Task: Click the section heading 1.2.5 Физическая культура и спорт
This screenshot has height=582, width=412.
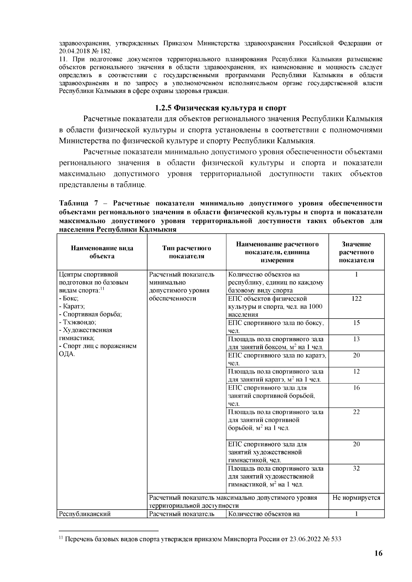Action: tap(220, 108)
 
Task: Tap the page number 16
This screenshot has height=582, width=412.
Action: tap(378, 553)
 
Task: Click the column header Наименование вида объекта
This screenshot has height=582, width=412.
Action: tap(102, 252)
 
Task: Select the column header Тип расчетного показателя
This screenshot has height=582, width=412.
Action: tap(186, 252)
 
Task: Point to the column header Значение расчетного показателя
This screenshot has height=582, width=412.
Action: tap(356, 252)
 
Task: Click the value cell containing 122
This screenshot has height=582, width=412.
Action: tap(356, 299)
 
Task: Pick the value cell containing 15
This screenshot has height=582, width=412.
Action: tap(356, 323)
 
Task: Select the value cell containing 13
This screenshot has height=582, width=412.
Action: tap(356, 339)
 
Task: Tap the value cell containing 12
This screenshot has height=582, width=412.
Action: tap(356, 371)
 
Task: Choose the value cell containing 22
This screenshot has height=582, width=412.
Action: tap(356, 412)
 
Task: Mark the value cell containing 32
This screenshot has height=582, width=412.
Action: tap(356, 468)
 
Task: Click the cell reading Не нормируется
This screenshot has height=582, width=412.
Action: tap(356, 497)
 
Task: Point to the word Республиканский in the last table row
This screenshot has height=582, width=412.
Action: tap(84, 514)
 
